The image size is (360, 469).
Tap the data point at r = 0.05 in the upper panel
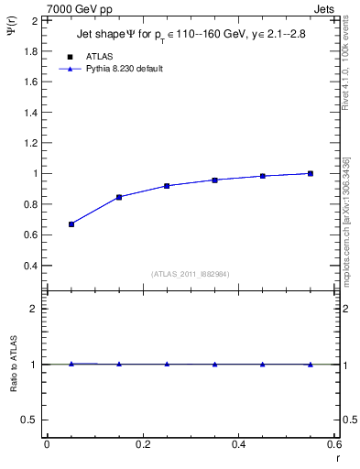point(71,224)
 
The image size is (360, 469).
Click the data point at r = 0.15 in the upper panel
point(119,197)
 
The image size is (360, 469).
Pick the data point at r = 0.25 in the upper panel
point(167,186)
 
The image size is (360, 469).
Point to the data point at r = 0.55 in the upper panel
point(311,173)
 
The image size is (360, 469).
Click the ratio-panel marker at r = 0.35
point(214,364)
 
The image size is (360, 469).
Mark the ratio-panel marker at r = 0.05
point(71,364)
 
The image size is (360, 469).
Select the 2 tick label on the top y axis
point(34,20)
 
